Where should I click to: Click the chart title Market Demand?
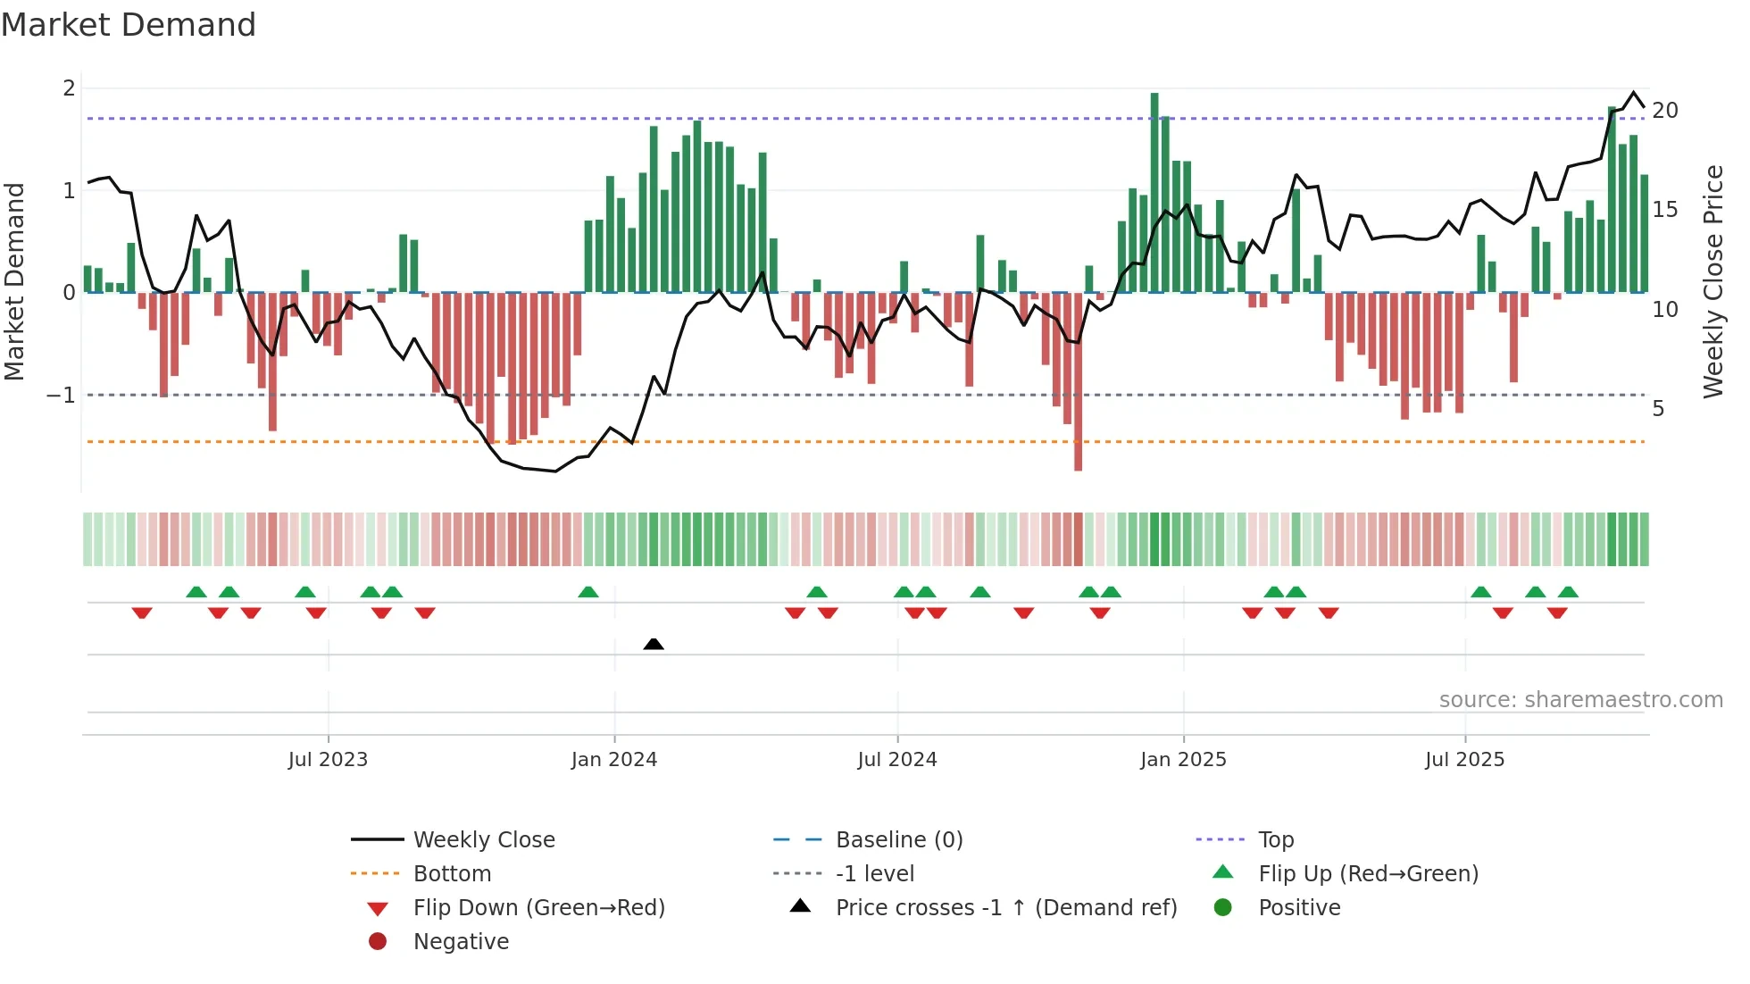click(129, 25)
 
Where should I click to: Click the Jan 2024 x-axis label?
click(613, 760)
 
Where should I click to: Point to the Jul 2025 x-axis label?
click(1464, 760)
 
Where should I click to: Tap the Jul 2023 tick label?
click(328, 760)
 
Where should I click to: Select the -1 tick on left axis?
click(61, 395)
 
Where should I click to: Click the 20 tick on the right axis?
click(1664, 111)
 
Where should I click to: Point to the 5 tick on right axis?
click(1658, 409)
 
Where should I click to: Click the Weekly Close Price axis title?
click(1712, 281)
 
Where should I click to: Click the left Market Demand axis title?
click(14, 281)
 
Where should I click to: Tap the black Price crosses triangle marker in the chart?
click(654, 644)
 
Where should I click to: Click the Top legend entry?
click(1275, 840)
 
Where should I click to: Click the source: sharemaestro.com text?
click(1580, 700)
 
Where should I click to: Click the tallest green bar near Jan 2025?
click(1154, 192)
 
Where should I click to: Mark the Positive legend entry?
click(1298, 908)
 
